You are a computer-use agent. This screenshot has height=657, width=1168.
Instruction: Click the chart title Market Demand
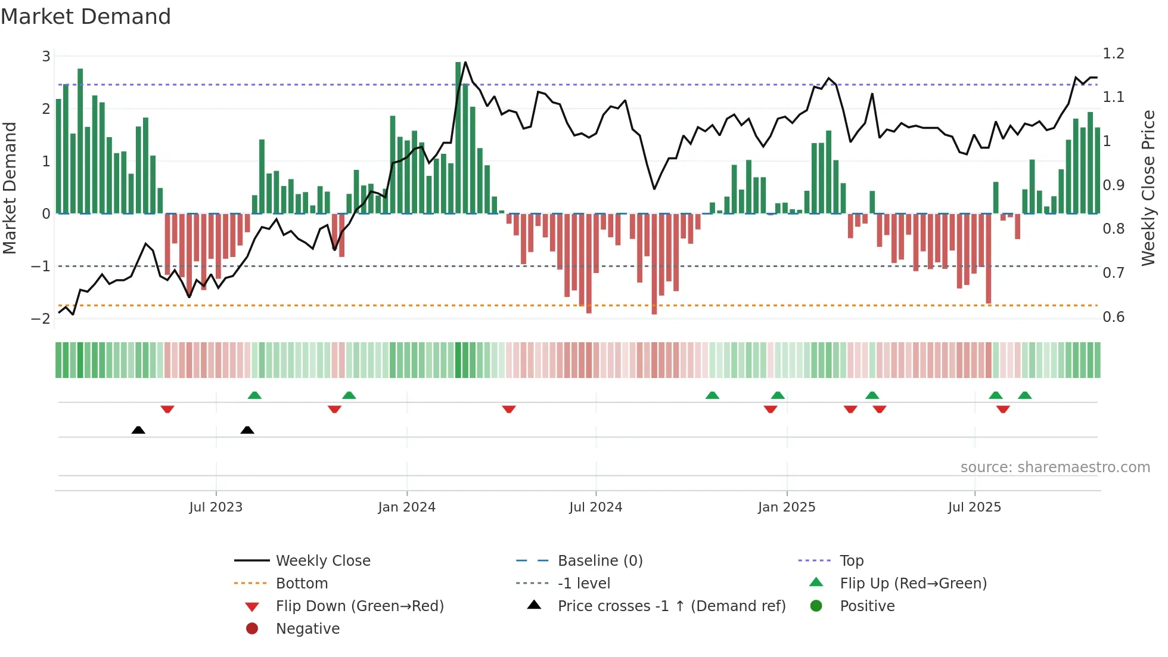click(x=86, y=17)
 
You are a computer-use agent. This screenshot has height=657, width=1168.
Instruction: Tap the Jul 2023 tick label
click(x=216, y=507)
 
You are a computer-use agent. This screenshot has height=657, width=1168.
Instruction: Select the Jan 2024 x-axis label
click(x=407, y=507)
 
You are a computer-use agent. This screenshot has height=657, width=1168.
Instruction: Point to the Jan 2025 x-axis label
click(x=787, y=507)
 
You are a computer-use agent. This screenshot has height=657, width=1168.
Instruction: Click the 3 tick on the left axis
click(x=46, y=57)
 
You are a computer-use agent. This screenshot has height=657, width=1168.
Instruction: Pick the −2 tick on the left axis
click(x=41, y=318)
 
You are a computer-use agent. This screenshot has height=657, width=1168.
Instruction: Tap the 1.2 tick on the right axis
click(x=1113, y=54)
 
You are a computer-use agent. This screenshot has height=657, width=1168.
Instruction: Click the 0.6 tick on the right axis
click(x=1113, y=317)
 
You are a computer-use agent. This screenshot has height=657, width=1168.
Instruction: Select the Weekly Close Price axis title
click(x=1148, y=188)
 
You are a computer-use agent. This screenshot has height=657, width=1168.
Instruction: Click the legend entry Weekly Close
click(x=322, y=561)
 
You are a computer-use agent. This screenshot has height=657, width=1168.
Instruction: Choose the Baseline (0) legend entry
click(x=599, y=561)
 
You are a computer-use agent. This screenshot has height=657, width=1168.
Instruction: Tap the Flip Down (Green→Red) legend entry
click(x=359, y=606)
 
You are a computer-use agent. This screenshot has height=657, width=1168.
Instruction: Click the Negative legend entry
click(x=307, y=629)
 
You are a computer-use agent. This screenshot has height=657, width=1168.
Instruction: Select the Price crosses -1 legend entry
click(x=671, y=606)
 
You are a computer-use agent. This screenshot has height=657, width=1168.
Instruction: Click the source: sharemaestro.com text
click(x=1055, y=467)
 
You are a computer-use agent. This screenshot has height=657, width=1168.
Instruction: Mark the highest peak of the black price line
click(x=465, y=62)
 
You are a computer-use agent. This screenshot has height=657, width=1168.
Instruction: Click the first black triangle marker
click(x=138, y=430)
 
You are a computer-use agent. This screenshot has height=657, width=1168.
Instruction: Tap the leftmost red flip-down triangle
click(x=167, y=409)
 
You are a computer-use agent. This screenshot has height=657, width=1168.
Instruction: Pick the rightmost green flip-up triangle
click(x=1025, y=395)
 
